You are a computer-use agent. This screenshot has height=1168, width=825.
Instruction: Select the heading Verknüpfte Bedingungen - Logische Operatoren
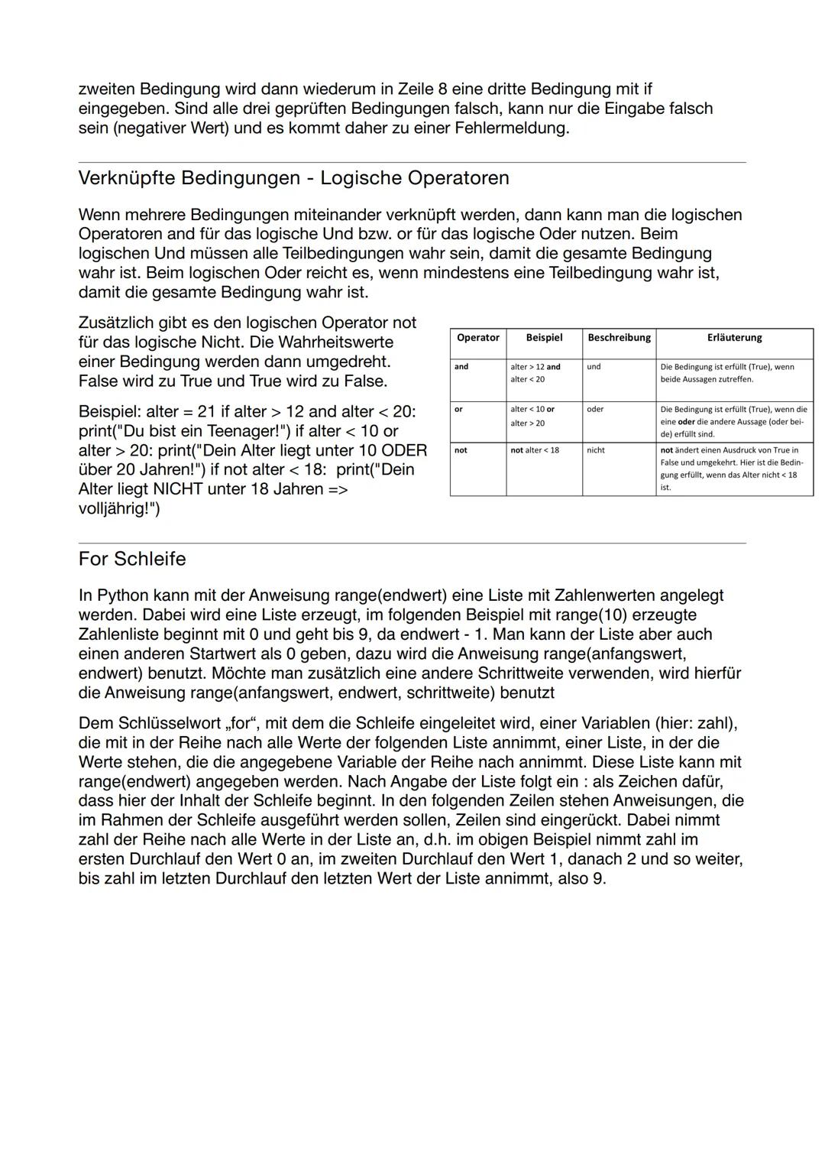293,178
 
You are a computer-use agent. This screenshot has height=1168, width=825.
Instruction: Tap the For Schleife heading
132,559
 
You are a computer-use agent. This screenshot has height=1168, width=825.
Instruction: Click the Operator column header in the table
477,338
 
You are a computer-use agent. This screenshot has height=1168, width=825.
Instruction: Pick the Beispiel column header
544,338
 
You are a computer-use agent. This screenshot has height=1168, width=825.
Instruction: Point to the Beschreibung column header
619,338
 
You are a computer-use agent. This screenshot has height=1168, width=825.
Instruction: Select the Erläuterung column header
734,338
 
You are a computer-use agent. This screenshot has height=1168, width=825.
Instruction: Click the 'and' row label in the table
461,367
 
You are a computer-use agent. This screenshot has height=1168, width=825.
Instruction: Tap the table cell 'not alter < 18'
535,450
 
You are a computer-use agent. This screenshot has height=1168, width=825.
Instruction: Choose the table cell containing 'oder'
595,410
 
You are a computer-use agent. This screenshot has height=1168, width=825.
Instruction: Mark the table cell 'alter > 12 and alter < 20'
535,373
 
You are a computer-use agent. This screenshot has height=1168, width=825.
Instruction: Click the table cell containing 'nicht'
596,450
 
